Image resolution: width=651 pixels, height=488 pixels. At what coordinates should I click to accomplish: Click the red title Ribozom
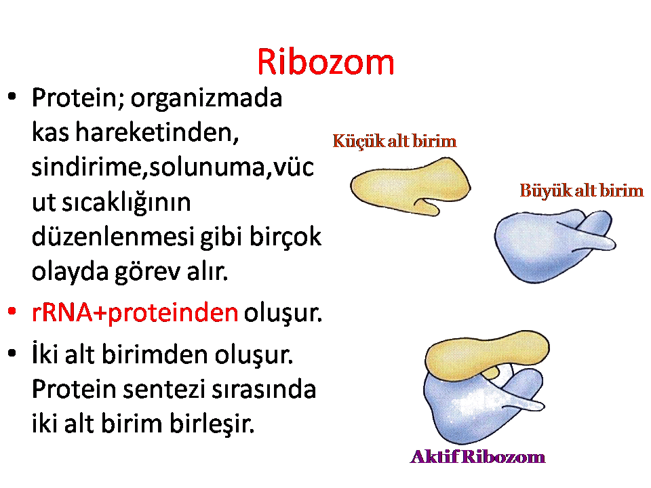pos(325,62)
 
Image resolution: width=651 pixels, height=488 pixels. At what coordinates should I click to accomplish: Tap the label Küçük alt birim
pos(395,141)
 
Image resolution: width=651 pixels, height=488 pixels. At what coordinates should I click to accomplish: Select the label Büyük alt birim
pos(582,191)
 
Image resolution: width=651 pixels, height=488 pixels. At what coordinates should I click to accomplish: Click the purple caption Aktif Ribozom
pos(477,456)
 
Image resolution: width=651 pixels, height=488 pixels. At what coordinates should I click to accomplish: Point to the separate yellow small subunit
pos(409,187)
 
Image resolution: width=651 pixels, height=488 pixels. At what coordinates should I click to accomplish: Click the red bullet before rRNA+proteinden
pos(12,311)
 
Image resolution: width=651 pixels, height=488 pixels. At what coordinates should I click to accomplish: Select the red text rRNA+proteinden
pos(135,313)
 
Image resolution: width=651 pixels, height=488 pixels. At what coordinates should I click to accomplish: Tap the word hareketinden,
pos(157,132)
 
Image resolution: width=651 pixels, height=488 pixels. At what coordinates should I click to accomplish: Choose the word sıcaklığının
pos(126,203)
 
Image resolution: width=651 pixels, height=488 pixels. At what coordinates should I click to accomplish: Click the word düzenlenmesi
pos(113,237)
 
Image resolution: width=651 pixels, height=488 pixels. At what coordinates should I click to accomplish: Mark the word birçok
pos(285,237)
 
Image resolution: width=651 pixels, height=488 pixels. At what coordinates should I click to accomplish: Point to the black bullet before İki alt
pos(12,353)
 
